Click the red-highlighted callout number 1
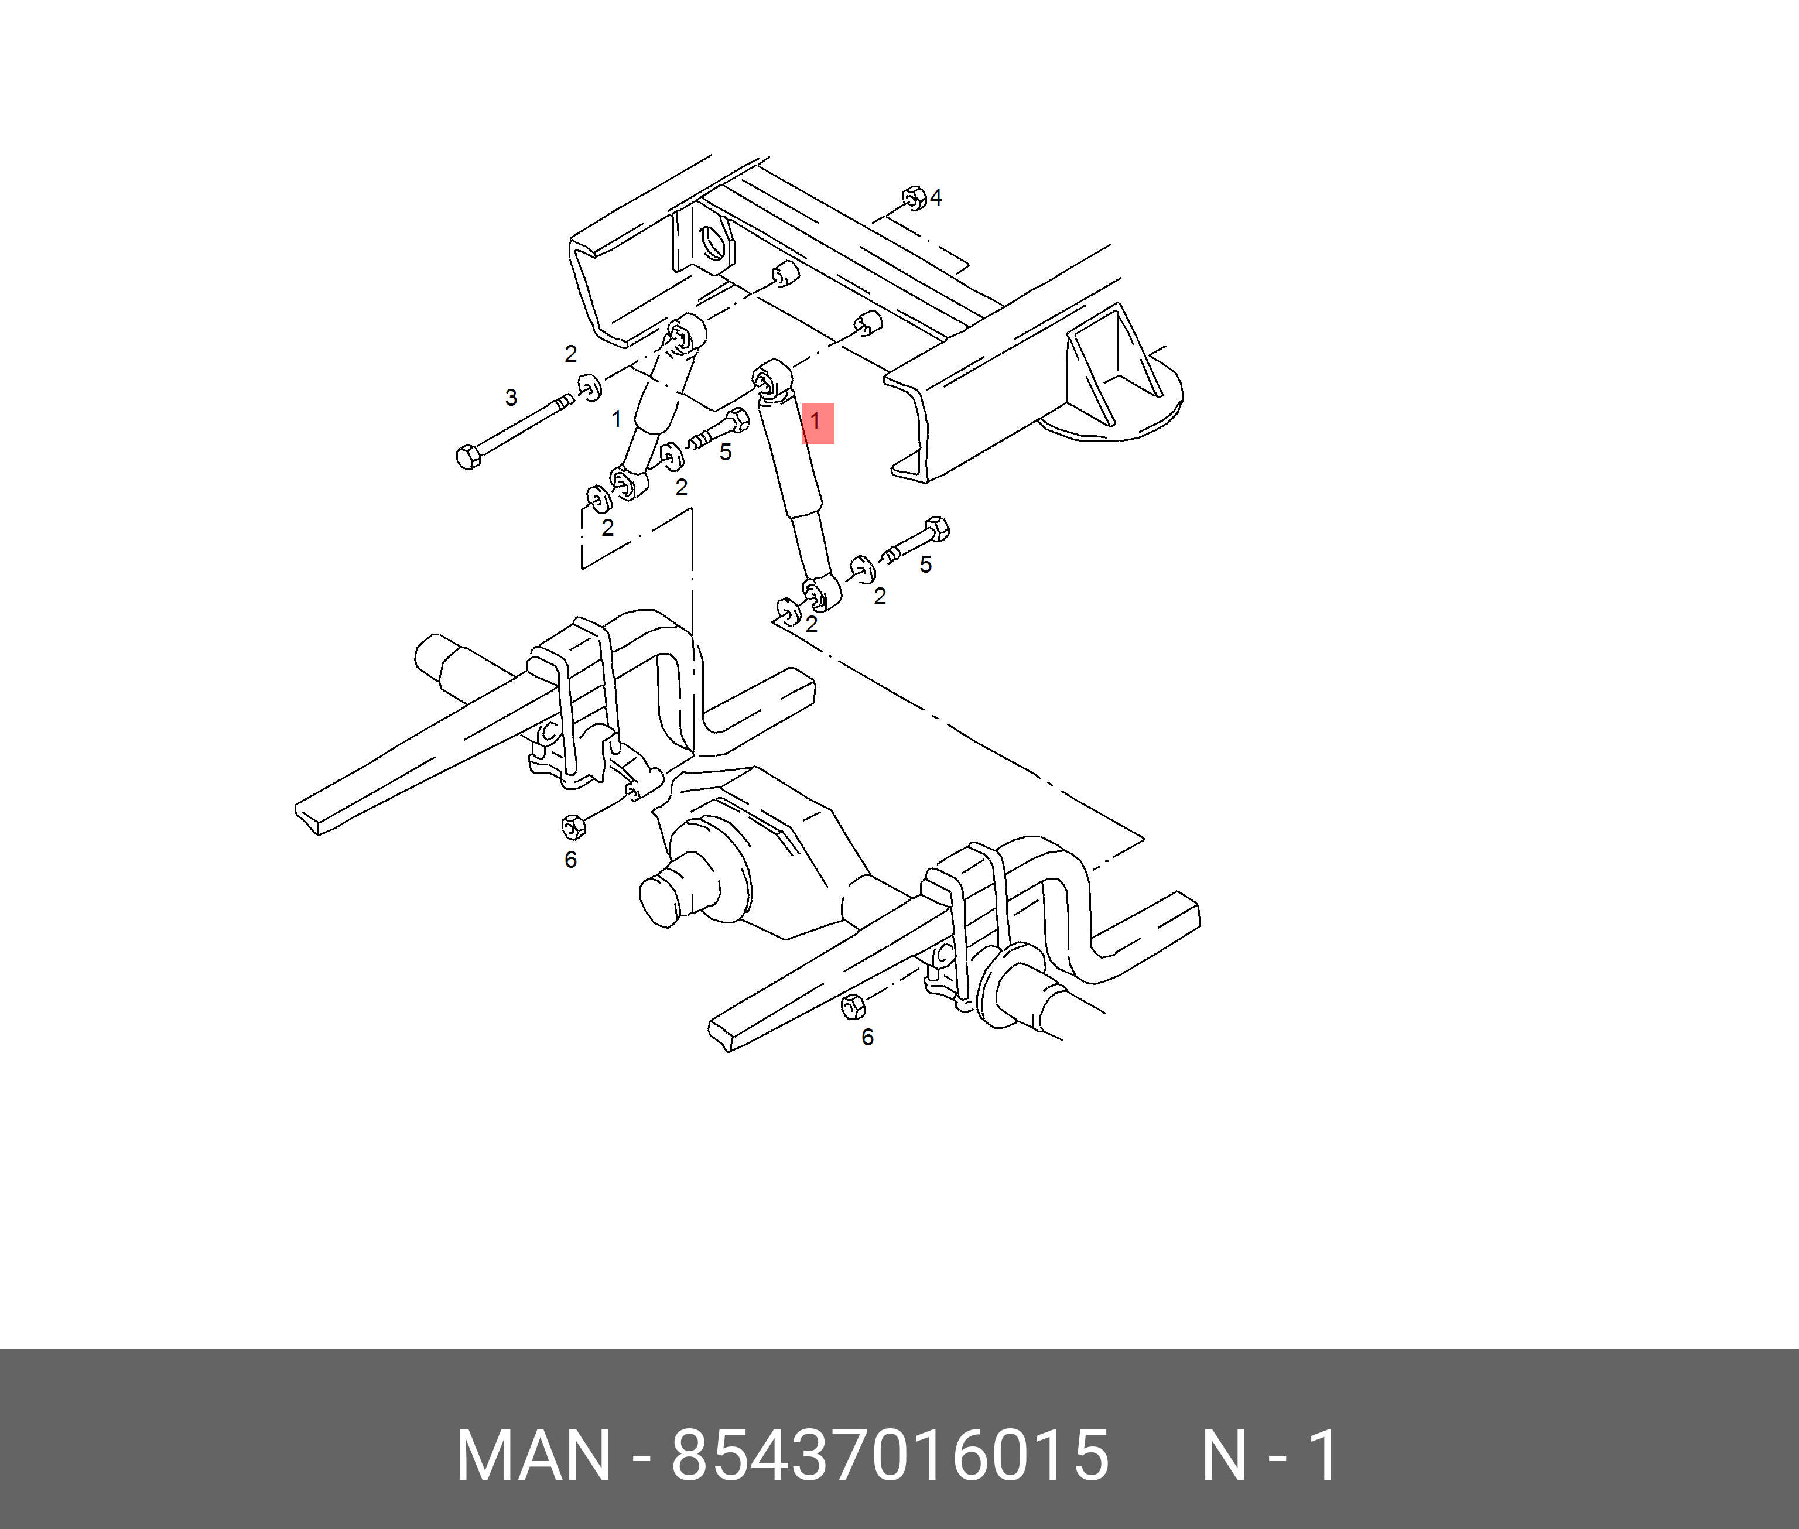[x=815, y=422]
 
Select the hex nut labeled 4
[x=914, y=197]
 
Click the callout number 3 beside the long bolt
[x=511, y=398]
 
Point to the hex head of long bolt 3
[x=468, y=457]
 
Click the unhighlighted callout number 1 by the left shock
[x=616, y=419]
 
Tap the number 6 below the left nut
[x=570, y=860]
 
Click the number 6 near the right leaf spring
[x=867, y=1038]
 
